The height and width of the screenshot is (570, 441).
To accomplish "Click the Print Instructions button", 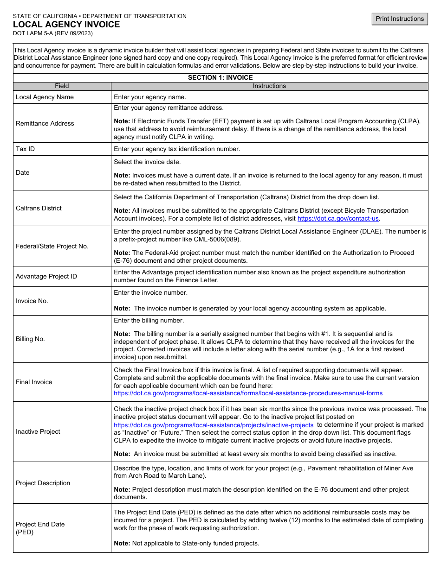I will pos(400,19).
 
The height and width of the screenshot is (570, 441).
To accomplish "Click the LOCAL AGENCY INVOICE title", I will pos(66,25).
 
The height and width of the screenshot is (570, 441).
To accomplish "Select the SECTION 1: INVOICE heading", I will pos(220,78).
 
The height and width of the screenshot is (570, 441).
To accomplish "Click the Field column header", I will pos(62,86).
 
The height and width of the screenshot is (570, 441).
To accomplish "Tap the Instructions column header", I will pos(269,86).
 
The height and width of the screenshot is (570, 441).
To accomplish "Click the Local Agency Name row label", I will pos(45,97).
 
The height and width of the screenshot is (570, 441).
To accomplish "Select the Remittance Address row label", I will pos(45,123).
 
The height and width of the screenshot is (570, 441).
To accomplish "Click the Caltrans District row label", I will pos(39,209).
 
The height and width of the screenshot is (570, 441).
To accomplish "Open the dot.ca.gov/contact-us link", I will pos(338,218).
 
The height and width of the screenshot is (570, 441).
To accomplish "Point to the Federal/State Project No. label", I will pos(52,247).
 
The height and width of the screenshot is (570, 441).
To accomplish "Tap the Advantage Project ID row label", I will pos(46,277).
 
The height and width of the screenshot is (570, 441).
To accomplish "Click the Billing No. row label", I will pos(30,339).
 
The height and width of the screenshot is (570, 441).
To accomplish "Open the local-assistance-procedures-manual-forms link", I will pos(248,393).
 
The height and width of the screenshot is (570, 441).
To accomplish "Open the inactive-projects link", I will pos(214,425).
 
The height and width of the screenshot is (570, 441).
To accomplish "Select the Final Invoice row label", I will pos(34,382).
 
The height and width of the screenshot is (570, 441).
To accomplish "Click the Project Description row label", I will pos(43,483).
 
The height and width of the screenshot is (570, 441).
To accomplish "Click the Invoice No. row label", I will pos(32,301).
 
